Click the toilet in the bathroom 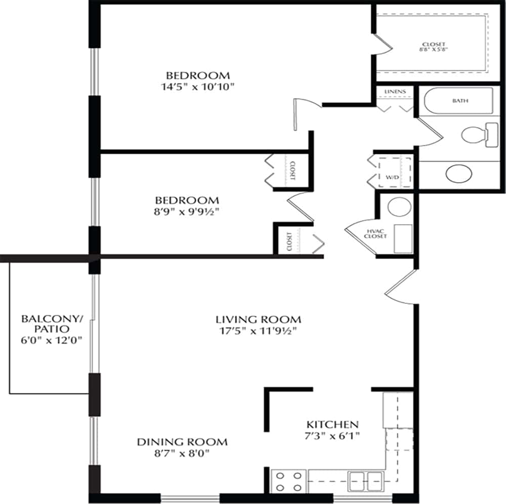(478, 135)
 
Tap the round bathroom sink (459, 173)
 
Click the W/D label (393, 177)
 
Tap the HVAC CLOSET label (376, 234)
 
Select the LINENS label (395, 91)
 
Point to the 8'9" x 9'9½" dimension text (187, 211)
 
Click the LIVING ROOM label (258, 319)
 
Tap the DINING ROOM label (182, 442)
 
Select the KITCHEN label (333, 424)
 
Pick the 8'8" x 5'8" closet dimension (434, 50)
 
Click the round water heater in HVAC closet (398, 207)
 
